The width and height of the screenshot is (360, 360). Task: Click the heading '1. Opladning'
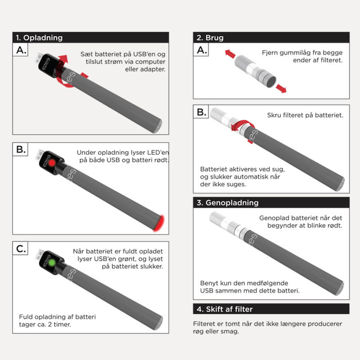(x=39, y=38)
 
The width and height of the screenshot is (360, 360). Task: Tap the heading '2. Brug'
(x=210, y=38)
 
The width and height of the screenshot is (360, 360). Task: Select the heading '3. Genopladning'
(x=228, y=203)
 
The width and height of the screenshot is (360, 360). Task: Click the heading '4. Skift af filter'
(x=225, y=309)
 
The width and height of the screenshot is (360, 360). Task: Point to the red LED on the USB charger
(x=52, y=163)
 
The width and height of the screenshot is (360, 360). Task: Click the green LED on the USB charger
(x=52, y=263)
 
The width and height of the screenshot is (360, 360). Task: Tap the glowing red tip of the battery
(x=160, y=223)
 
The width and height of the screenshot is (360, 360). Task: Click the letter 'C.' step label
(x=21, y=249)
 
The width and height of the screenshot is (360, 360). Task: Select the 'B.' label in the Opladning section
(x=21, y=149)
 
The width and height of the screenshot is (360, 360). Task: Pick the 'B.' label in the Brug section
(x=201, y=112)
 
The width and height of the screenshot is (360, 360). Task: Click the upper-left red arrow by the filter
(x=230, y=54)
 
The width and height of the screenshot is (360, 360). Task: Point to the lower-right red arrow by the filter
(x=281, y=89)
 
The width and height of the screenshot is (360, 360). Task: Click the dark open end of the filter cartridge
(x=271, y=82)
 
